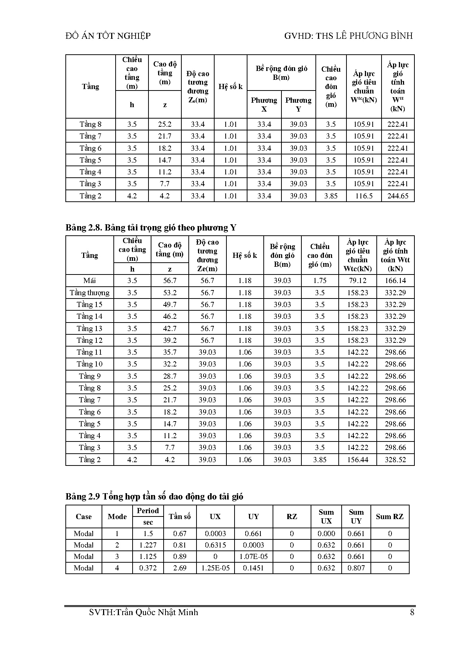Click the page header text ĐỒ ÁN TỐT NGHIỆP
click(x=108, y=36)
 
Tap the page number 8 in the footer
click(x=412, y=612)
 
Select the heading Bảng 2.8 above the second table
click(x=151, y=227)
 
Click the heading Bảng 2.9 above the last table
click(x=154, y=496)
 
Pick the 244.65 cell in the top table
click(x=398, y=196)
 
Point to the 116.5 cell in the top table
click(x=364, y=196)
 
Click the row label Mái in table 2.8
click(x=89, y=280)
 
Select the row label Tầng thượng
click(x=89, y=293)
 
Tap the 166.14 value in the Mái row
click(x=395, y=280)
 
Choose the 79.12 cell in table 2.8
click(x=357, y=280)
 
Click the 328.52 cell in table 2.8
click(x=395, y=460)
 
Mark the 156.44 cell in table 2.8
click(x=357, y=460)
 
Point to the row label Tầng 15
click(x=89, y=304)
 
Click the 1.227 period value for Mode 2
click(x=148, y=545)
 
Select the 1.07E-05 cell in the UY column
click(x=253, y=556)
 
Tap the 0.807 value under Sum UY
click(x=356, y=568)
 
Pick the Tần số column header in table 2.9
click(x=180, y=516)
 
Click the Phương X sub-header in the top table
click(x=264, y=105)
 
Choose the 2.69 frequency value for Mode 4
click(x=180, y=568)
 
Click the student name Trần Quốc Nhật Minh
click(x=143, y=612)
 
